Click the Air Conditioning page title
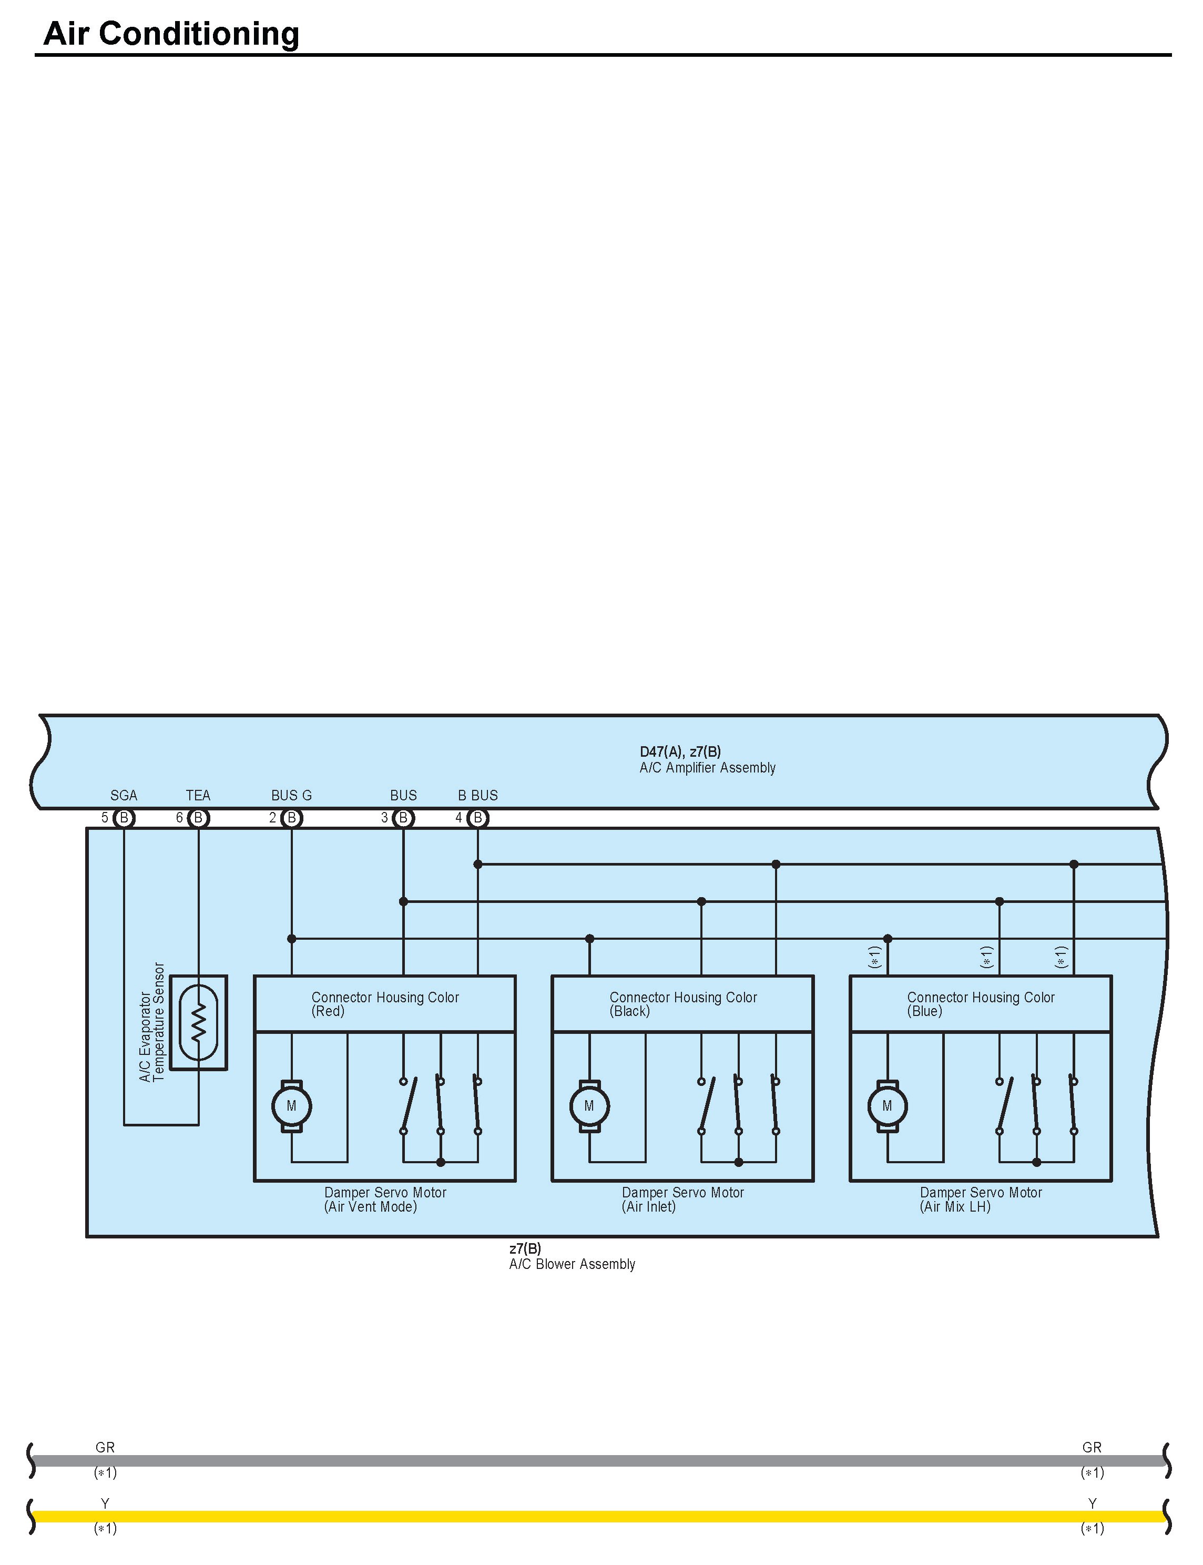point(171,34)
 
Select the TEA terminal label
point(198,795)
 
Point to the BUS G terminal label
point(291,795)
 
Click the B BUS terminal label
point(477,795)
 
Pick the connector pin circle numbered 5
point(124,818)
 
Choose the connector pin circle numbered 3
point(403,818)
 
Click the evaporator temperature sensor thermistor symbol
point(198,1022)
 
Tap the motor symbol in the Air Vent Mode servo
point(291,1106)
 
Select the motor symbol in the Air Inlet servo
point(589,1106)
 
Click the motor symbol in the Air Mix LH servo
point(887,1106)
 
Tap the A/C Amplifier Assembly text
point(708,768)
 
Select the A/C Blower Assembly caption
point(572,1264)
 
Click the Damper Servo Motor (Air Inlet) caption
point(682,1200)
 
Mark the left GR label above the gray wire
point(105,1448)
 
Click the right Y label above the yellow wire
point(1092,1503)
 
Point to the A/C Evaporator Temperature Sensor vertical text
point(152,1022)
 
